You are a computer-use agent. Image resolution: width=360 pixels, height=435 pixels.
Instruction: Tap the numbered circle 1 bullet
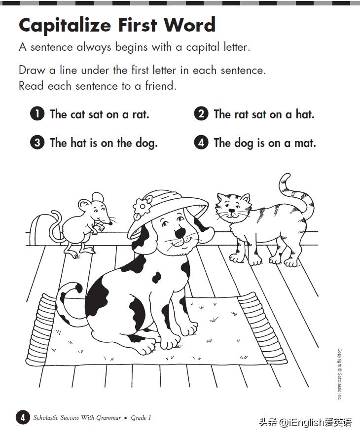[x=37, y=113]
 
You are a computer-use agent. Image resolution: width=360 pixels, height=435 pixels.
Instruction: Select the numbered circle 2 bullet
[x=201, y=113]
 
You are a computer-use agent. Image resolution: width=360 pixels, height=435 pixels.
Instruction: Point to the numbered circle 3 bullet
[x=37, y=143]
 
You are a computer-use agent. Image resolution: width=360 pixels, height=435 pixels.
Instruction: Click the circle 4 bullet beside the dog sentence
[x=201, y=143]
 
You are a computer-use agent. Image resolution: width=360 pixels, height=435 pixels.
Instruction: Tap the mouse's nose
[x=110, y=223]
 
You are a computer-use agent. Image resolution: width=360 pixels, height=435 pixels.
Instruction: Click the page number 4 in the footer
[x=23, y=418]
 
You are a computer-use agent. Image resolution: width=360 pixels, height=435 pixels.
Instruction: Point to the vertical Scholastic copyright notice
[x=339, y=374]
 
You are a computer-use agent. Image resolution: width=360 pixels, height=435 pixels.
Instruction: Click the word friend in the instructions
[x=161, y=86]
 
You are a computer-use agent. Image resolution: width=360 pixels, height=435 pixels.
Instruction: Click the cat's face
[x=232, y=209]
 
